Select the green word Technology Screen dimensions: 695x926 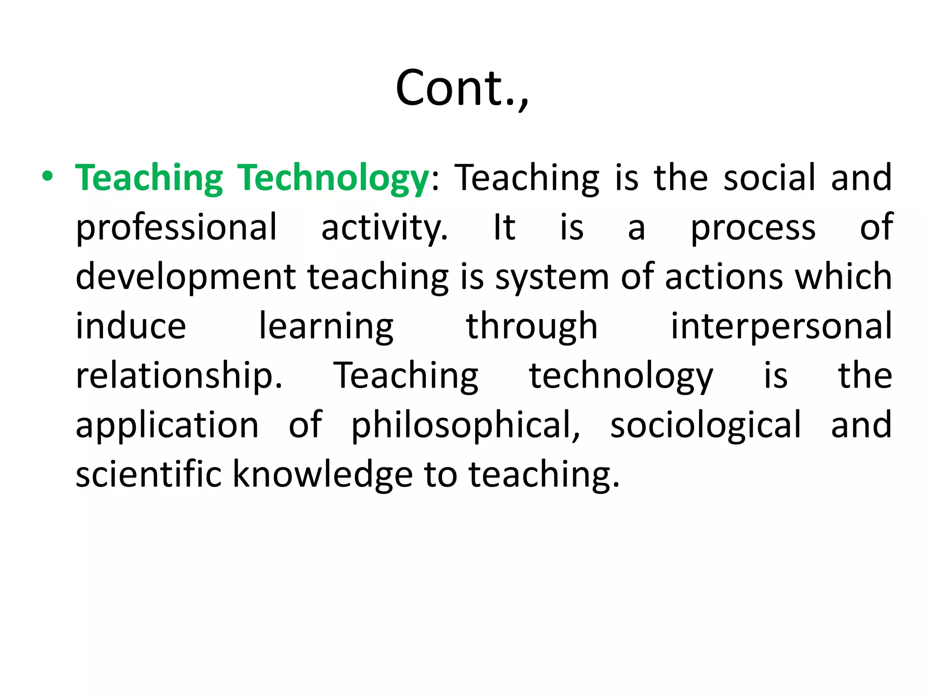pos(334,178)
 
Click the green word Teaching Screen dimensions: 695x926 pos(149,178)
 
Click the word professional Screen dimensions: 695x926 pos(176,228)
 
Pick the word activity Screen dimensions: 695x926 pos(384,228)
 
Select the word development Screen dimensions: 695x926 pos(185,277)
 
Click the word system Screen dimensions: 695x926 pos(552,277)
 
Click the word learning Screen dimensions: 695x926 pos(326,327)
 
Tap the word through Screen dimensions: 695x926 pos(532,327)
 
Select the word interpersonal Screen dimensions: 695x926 pos(781,327)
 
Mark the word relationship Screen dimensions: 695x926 pos(179,376)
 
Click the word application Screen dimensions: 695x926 pos(167,426)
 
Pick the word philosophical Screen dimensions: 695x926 pos(465,426)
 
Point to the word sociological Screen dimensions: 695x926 pos(706,426)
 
